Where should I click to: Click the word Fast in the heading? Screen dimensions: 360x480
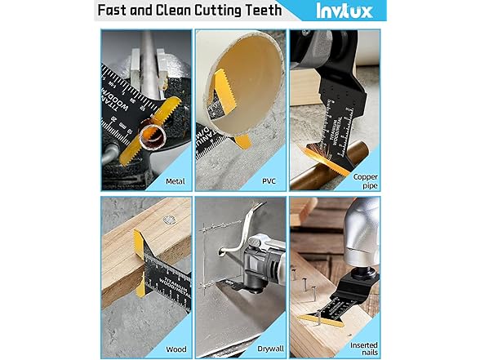(116, 11)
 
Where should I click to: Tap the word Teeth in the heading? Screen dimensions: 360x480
(259, 11)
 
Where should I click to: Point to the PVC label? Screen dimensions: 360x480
(270, 180)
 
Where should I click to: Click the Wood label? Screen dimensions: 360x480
(174, 347)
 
